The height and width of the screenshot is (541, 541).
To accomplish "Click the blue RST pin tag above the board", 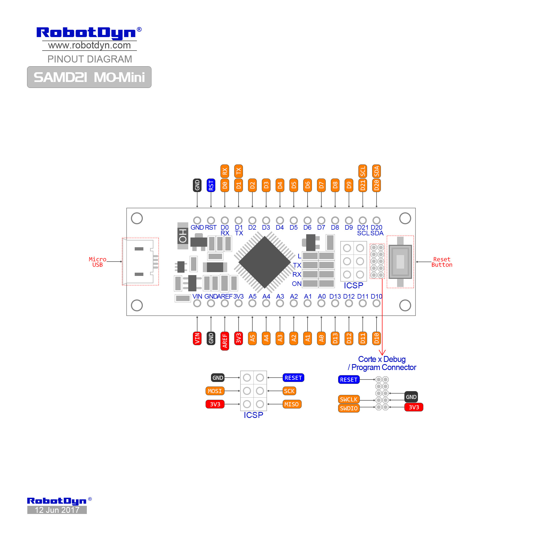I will pos(211,185).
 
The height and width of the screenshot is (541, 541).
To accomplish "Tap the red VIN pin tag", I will pos(197,338).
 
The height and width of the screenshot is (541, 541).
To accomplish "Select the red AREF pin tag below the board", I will pos(225,341).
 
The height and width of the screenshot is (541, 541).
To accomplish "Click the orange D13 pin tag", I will pos(335,338).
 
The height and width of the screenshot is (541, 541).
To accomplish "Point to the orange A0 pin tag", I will pos(321,338).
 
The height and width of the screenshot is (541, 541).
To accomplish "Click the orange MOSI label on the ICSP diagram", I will pos(215,391).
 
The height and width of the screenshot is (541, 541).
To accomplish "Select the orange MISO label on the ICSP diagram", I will pos(292,404).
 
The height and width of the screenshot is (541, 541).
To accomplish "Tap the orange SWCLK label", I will pos(349,399).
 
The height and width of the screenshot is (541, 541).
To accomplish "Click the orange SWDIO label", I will pos(349,408).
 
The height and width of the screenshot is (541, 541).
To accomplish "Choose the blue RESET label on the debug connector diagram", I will pos(349,380).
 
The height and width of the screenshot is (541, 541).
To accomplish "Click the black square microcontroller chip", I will pos(264,262).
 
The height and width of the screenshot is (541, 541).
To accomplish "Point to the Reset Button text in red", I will pos(442,262).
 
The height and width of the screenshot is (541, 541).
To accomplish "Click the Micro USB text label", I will pos(97,262).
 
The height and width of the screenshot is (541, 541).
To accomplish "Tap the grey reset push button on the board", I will pos(400,262).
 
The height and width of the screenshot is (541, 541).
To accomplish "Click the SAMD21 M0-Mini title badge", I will pos(89,77).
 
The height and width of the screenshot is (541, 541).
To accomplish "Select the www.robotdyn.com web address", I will pos(89,45).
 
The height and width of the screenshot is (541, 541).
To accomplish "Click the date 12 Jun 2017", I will pos(57,510).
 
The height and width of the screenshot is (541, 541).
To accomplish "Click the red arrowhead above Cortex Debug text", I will pos(382,352).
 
